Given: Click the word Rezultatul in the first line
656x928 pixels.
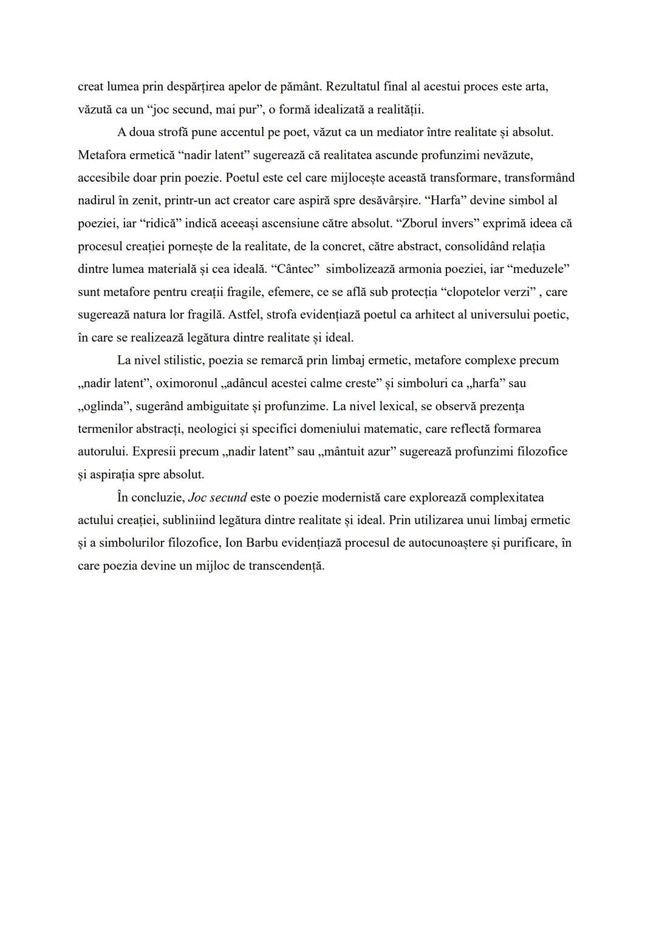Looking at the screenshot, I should click(x=354, y=86).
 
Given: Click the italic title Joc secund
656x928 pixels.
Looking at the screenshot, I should click(x=217, y=498).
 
